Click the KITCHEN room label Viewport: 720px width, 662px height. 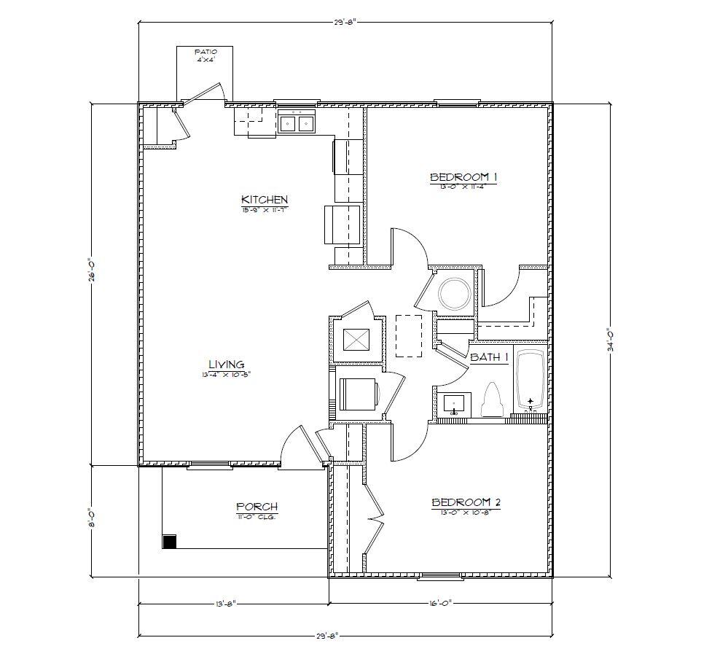265,199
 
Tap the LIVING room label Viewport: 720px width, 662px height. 226,365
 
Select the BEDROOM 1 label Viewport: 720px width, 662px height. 463,176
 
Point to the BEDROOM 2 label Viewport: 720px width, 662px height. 465,502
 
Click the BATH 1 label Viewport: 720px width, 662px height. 489,357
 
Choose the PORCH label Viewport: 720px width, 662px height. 257,507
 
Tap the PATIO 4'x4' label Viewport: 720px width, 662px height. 206,55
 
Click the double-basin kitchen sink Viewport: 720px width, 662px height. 297,124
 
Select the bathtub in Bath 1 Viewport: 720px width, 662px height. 531,381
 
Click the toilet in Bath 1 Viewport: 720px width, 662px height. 493,400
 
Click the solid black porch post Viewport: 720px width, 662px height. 169,542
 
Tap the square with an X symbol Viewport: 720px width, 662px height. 356,341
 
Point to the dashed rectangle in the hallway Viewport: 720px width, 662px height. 409,335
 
